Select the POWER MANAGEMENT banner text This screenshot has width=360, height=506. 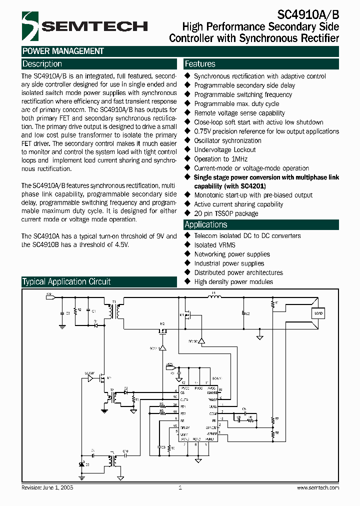pyautogui.click(x=63, y=51)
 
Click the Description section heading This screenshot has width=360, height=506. pyautogui.click(x=42, y=64)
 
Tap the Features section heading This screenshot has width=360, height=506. pyautogui.click(x=200, y=64)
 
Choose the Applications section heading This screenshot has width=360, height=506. pyautogui.click(x=205, y=224)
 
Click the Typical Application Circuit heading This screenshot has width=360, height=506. pyautogui.click(x=66, y=281)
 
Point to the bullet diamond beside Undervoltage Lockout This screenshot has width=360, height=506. pyautogui.click(x=188, y=149)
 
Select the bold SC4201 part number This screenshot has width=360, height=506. pyautogui.click(x=250, y=186)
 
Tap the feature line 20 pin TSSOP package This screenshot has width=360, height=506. pyautogui.click(x=226, y=213)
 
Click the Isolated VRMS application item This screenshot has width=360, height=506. pyautogui.click(x=214, y=245)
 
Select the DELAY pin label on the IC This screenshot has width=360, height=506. pyautogui.click(x=185, y=427)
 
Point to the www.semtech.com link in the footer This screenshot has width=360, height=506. pyautogui.click(x=317, y=487)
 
